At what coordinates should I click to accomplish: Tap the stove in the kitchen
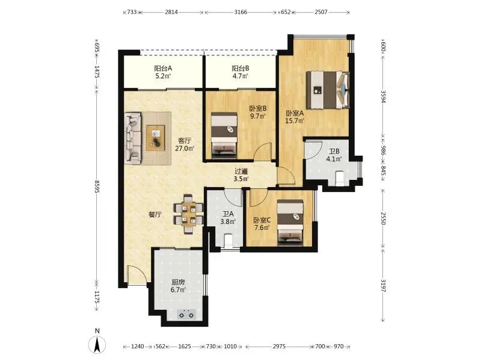click(x=187, y=314)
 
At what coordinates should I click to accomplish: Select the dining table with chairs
click(x=188, y=214)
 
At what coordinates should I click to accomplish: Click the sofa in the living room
click(x=133, y=138)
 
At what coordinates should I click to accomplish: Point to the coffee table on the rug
click(x=156, y=138)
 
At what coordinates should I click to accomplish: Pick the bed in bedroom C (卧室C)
click(x=290, y=223)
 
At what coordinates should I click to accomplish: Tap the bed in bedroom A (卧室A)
click(x=328, y=90)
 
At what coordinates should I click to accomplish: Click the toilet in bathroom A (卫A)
click(x=228, y=240)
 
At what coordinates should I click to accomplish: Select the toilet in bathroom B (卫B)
click(x=340, y=178)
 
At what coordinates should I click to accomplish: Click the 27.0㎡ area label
click(x=185, y=149)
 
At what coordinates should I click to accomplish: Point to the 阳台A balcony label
click(x=163, y=69)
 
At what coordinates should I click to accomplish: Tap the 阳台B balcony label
click(x=240, y=69)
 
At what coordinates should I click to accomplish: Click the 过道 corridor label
click(x=241, y=171)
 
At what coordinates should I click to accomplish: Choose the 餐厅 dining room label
click(x=155, y=215)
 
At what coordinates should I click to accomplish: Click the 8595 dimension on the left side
click(x=97, y=187)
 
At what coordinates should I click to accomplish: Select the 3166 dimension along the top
click(x=240, y=12)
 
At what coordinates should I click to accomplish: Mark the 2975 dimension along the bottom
click(x=279, y=347)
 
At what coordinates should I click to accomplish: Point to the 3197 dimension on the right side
click(x=383, y=285)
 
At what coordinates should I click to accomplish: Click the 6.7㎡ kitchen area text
click(x=178, y=290)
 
